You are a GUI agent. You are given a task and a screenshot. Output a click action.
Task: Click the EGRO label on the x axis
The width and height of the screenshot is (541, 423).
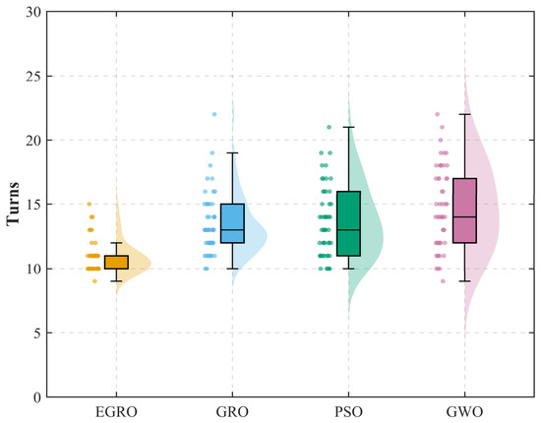pyautogui.click(x=116, y=412)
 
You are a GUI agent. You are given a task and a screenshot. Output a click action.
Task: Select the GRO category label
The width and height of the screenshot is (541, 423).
pyautogui.click(x=232, y=412)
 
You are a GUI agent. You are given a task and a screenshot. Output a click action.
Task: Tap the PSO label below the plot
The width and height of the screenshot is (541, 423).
pyautogui.click(x=348, y=412)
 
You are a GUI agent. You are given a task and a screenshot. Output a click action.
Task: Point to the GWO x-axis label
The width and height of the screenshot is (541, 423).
pyautogui.click(x=464, y=412)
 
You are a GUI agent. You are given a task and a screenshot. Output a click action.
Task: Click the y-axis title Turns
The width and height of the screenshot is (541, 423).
pyautogui.click(x=13, y=204)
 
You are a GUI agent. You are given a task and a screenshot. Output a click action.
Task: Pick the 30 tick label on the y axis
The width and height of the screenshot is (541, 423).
pyautogui.click(x=33, y=12)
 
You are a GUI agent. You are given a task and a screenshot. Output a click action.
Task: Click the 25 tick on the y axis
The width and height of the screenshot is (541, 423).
pyautogui.click(x=33, y=76)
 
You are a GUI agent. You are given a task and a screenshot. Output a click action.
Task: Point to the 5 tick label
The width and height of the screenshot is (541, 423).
pyautogui.click(x=37, y=332)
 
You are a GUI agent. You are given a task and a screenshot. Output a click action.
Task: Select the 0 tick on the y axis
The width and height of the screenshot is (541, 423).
pyautogui.click(x=37, y=397)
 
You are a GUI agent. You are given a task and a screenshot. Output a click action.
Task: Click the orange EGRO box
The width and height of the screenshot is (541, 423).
pyautogui.click(x=116, y=263)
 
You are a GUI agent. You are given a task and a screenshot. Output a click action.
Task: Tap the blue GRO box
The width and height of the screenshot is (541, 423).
pyautogui.click(x=232, y=223)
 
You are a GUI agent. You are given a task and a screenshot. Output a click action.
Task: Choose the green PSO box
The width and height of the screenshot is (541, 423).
pyautogui.click(x=348, y=223)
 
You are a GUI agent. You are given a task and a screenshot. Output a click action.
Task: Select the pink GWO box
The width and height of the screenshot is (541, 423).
pyautogui.click(x=464, y=211)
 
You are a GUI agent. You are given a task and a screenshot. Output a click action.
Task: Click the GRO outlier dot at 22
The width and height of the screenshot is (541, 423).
pyautogui.click(x=214, y=114)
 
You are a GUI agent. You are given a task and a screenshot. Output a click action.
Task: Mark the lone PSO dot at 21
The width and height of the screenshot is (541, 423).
pyautogui.click(x=329, y=127)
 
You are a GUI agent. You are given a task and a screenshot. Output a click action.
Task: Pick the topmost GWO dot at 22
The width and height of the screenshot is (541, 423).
pyautogui.click(x=437, y=114)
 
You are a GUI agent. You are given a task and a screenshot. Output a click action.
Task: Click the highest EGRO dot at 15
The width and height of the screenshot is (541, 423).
pyautogui.click(x=90, y=204)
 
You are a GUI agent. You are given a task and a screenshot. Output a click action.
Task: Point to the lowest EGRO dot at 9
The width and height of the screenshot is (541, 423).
pyautogui.click(x=94, y=281)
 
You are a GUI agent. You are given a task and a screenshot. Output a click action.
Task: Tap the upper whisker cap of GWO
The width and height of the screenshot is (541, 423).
pyautogui.click(x=464, y=114)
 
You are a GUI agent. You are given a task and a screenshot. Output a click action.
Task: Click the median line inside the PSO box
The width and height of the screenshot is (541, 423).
pyautogui.click(x=348, y=230)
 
